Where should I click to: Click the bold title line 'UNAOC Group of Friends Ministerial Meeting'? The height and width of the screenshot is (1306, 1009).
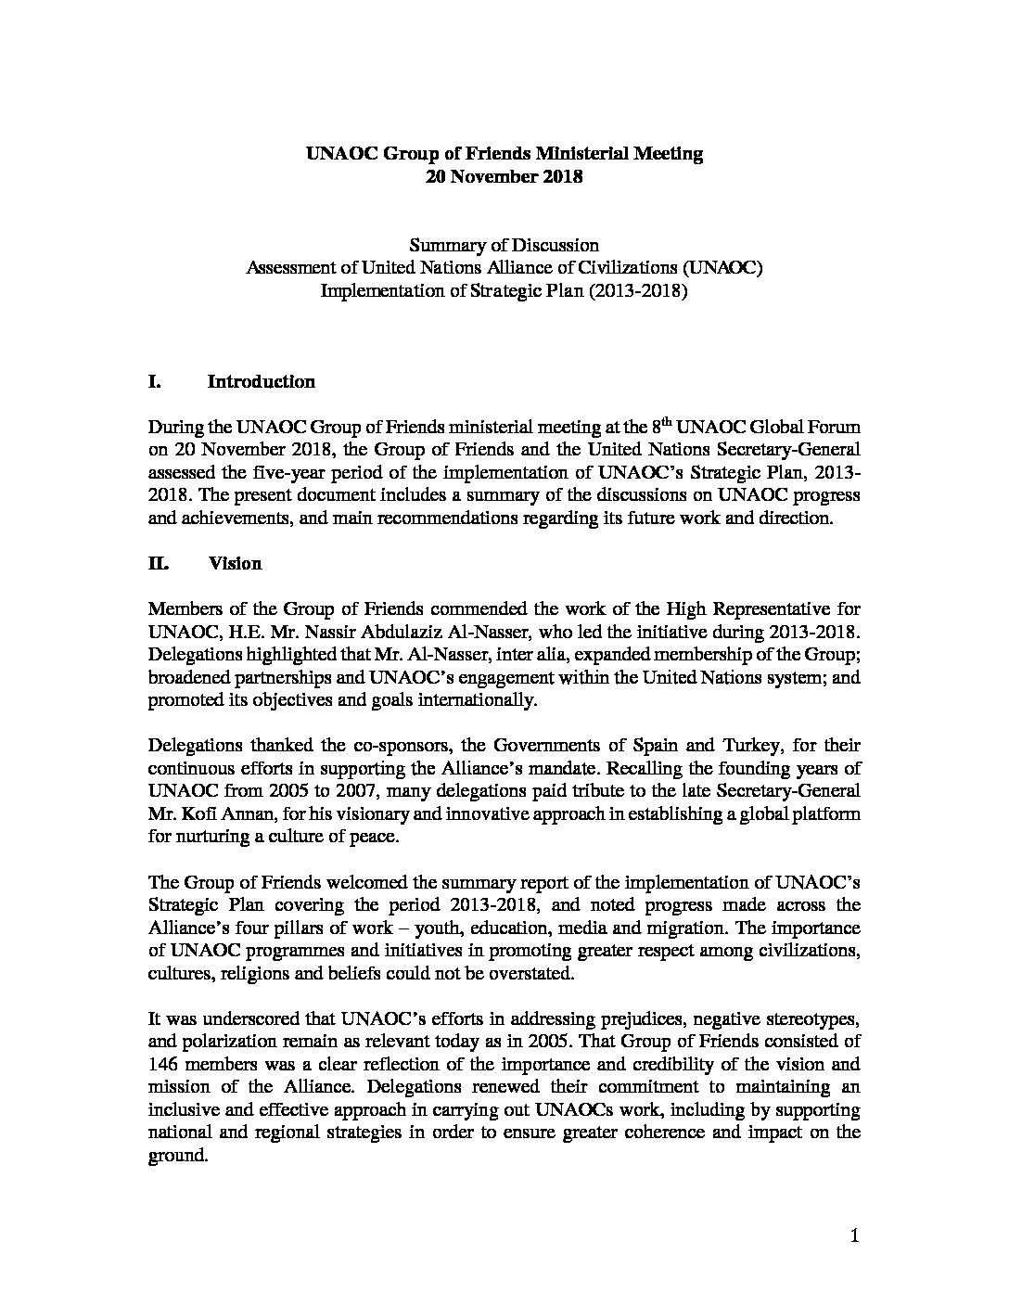504,154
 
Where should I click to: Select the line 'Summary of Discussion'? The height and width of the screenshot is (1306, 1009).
504,246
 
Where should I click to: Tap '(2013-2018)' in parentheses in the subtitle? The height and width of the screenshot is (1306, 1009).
640,291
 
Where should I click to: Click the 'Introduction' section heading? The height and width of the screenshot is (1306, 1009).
261,382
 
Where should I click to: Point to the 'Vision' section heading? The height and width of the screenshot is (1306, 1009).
235,564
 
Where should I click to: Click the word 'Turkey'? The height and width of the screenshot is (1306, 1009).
750,746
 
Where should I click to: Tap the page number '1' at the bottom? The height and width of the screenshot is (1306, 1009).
854,1236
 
